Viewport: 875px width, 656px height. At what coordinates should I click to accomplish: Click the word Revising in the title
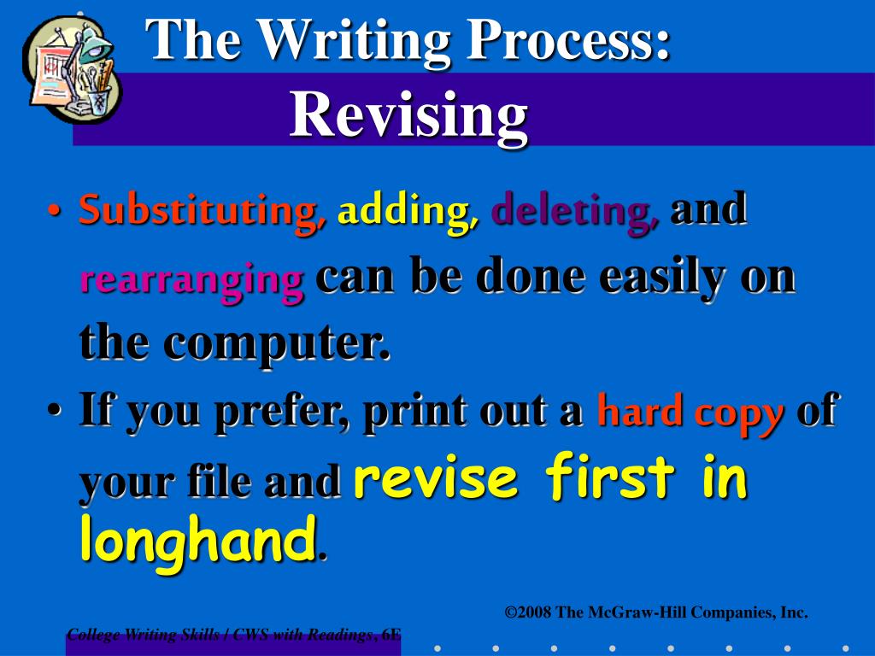[408, 115]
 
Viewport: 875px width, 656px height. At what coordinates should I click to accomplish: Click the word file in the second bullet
[219, 482]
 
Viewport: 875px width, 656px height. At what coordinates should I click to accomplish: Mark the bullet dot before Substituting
[55, 212]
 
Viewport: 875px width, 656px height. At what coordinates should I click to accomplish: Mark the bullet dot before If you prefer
[55, 413]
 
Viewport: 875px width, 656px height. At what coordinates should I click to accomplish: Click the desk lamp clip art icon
[72, 68]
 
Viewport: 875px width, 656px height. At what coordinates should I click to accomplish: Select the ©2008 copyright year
[528, 612]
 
